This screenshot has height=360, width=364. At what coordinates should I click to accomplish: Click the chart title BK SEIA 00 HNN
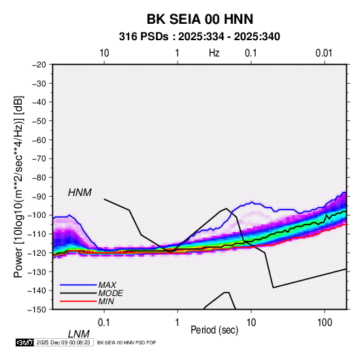[199, 19]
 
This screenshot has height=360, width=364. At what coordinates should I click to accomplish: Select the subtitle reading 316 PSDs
[144, 37]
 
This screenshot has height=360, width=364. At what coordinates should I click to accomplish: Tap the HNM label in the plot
[80, 193]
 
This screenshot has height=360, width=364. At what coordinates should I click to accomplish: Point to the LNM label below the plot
[79, 334]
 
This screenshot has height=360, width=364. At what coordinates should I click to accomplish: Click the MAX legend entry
[107, 285]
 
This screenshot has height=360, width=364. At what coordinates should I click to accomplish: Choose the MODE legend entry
[110, 293]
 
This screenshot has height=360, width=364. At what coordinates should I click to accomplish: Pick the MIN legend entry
[106, 301]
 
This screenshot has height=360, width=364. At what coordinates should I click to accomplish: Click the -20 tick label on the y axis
[39, 65]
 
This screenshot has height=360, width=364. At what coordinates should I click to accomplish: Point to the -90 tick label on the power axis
[39, 197]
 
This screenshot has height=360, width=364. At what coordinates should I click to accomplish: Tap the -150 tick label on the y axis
[37, 310]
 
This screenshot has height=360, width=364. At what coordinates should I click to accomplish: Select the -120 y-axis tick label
[37, 253]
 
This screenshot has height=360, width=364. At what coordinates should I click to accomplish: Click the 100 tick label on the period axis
[325, 323]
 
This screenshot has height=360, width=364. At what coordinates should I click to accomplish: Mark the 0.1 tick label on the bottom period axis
[104, 323]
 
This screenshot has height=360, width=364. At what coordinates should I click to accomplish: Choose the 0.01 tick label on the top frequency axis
[324, 53]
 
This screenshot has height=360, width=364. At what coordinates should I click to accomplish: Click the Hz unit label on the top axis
[214, 53]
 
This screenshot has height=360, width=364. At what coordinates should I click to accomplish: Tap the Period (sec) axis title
[214, 330]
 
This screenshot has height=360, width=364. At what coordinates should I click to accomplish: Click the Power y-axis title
[18, 187]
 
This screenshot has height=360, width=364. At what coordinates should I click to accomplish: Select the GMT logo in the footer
[25, 342]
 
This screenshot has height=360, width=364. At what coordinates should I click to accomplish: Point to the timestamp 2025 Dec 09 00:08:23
[63, 342]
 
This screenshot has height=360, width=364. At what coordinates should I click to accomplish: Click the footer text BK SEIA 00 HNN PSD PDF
[127, 342]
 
